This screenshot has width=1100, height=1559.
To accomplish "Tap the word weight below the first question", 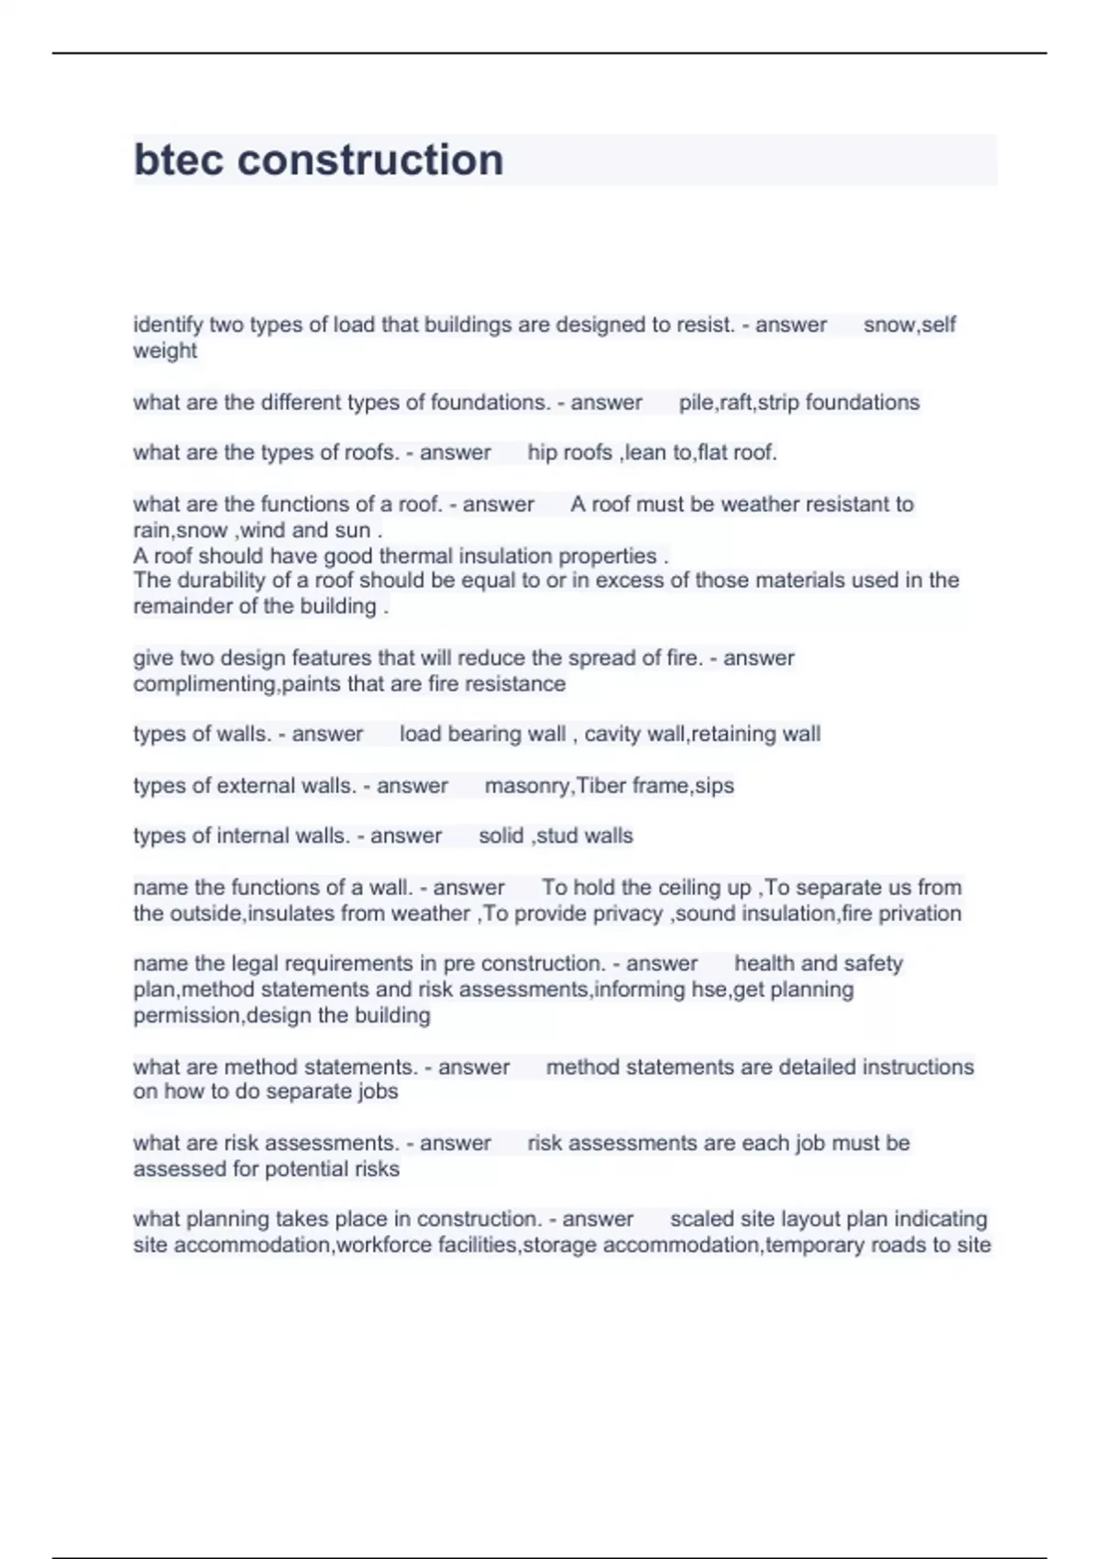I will (165, 350).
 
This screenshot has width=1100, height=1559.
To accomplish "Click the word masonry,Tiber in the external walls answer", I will (555, 786).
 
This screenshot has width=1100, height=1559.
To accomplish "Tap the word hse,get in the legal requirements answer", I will (715, 990).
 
